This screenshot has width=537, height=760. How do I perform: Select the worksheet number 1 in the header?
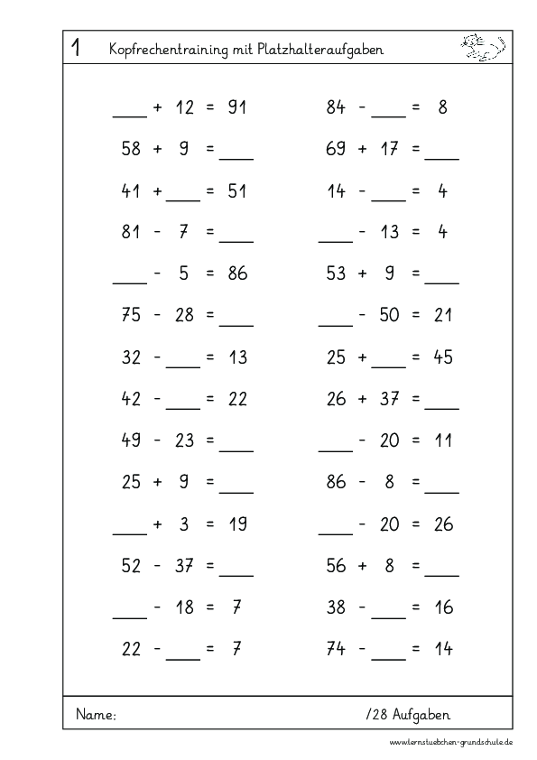tap(76, 50)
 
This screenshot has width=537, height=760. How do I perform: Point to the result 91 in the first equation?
tap(237, 107)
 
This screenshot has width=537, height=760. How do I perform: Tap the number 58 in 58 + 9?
tap(132, 149)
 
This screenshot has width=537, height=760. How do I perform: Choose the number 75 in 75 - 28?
tap(132, 315)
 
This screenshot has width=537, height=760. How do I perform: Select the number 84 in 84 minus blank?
tap(336, 107)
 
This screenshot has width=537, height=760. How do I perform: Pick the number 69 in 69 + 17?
tap(336, 149)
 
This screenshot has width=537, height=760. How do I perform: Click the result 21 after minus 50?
tap(442, 315)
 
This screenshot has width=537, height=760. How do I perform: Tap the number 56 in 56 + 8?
tap(336, 565)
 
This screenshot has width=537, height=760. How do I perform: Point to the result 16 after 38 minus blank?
tap(442, 607)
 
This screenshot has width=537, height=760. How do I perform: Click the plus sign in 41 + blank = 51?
tap(158, 190)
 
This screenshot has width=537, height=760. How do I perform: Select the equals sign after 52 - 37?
tap(209, 565)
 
